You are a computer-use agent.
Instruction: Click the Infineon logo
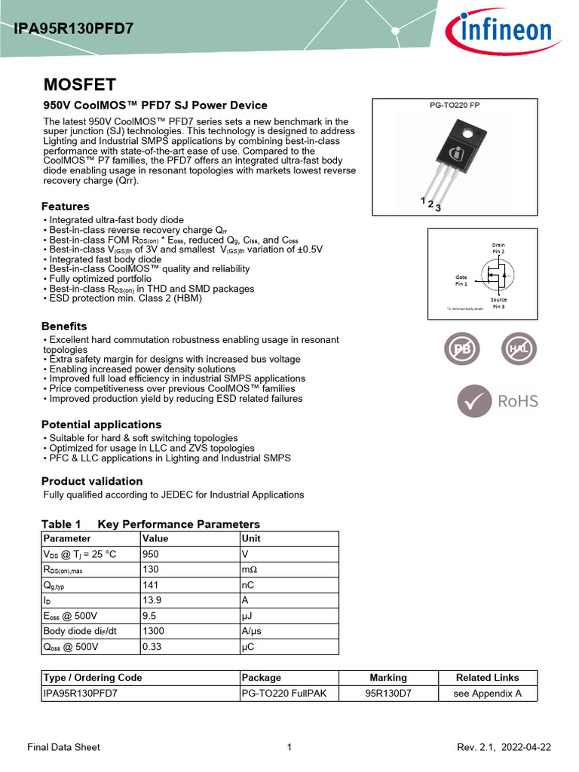(x=497, y=32)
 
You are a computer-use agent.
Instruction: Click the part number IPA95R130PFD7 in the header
(x=74, y=29)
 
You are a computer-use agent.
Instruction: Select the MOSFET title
(x=79, y=84)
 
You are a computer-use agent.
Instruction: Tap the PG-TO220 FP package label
(x=454, y=106)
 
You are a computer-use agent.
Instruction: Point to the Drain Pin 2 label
(x=498, y=248)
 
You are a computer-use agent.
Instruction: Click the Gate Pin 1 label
(x=461, y=280)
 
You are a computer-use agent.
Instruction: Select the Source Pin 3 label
(x=498, y=303)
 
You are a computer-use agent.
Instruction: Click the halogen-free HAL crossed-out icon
(x=519, y=349)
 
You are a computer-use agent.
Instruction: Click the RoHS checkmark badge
(x=498, y=400)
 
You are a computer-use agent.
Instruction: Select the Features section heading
(x=66, y=207)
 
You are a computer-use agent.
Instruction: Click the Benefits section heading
(x=64, y=326)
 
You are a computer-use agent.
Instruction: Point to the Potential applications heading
(x=101, y=424)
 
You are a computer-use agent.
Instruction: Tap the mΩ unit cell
(x=250, y=569)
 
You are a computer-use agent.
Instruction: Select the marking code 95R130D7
(x=388, y=694)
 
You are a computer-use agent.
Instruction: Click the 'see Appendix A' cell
(x=487, y=694)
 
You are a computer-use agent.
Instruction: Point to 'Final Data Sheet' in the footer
(x=63, y=747)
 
